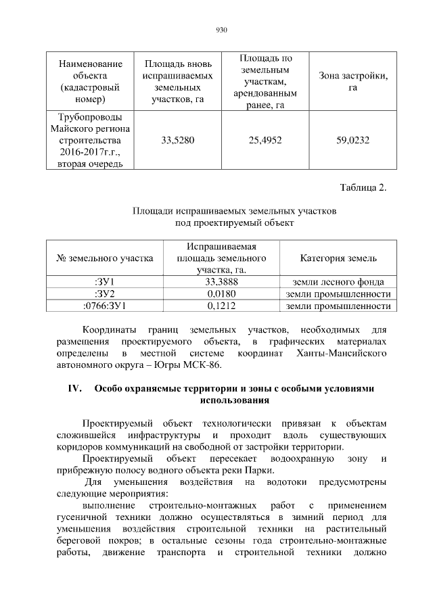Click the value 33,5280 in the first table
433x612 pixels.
(178, 141)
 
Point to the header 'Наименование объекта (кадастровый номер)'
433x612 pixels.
(91, 82)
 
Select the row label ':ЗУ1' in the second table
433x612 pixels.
(104, 282)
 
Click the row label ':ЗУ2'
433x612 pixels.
(104, 294)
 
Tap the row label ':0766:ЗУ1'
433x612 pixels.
(104, 306)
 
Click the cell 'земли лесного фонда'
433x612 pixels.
(338, 282)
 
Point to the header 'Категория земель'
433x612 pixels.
(338, 258)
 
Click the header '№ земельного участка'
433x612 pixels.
(104, 258)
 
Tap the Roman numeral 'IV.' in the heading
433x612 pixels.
(74, 389)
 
